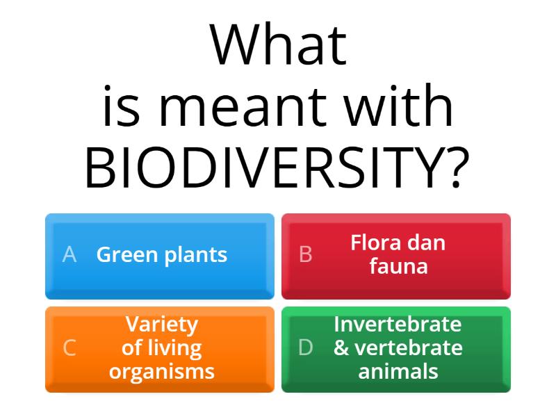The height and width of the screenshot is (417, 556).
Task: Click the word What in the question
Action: point(278,46)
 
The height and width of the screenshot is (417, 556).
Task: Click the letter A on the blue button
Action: point(69,255)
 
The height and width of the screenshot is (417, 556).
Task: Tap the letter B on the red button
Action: point(305,255)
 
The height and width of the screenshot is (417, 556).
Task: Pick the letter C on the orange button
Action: point(69,347)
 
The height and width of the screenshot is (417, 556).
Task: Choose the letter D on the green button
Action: point(305,347)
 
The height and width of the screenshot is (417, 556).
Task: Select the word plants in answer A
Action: point(195,256)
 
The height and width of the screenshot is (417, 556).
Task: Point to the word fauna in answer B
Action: point(398,266)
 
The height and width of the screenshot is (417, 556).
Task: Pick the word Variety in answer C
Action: point(162,325)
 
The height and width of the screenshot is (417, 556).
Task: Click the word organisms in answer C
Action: point(162,372)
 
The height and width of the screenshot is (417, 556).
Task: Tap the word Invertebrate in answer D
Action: point(398,324)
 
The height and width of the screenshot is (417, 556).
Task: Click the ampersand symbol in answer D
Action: point(341,347)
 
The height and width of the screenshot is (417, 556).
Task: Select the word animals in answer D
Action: point(398,370)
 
